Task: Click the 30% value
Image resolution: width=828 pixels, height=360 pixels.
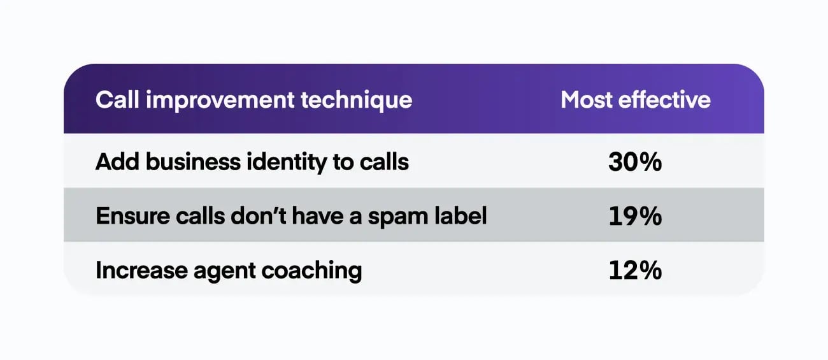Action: (x=635, y=162)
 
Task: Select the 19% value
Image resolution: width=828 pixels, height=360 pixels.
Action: (x=635, y=217)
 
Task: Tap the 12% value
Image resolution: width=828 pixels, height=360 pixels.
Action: (x=635, y=271)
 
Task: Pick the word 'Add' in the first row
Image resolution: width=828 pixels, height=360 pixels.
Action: (x=117, y=162)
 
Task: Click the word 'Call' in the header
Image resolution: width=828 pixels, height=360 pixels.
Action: (x=117, y=100)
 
